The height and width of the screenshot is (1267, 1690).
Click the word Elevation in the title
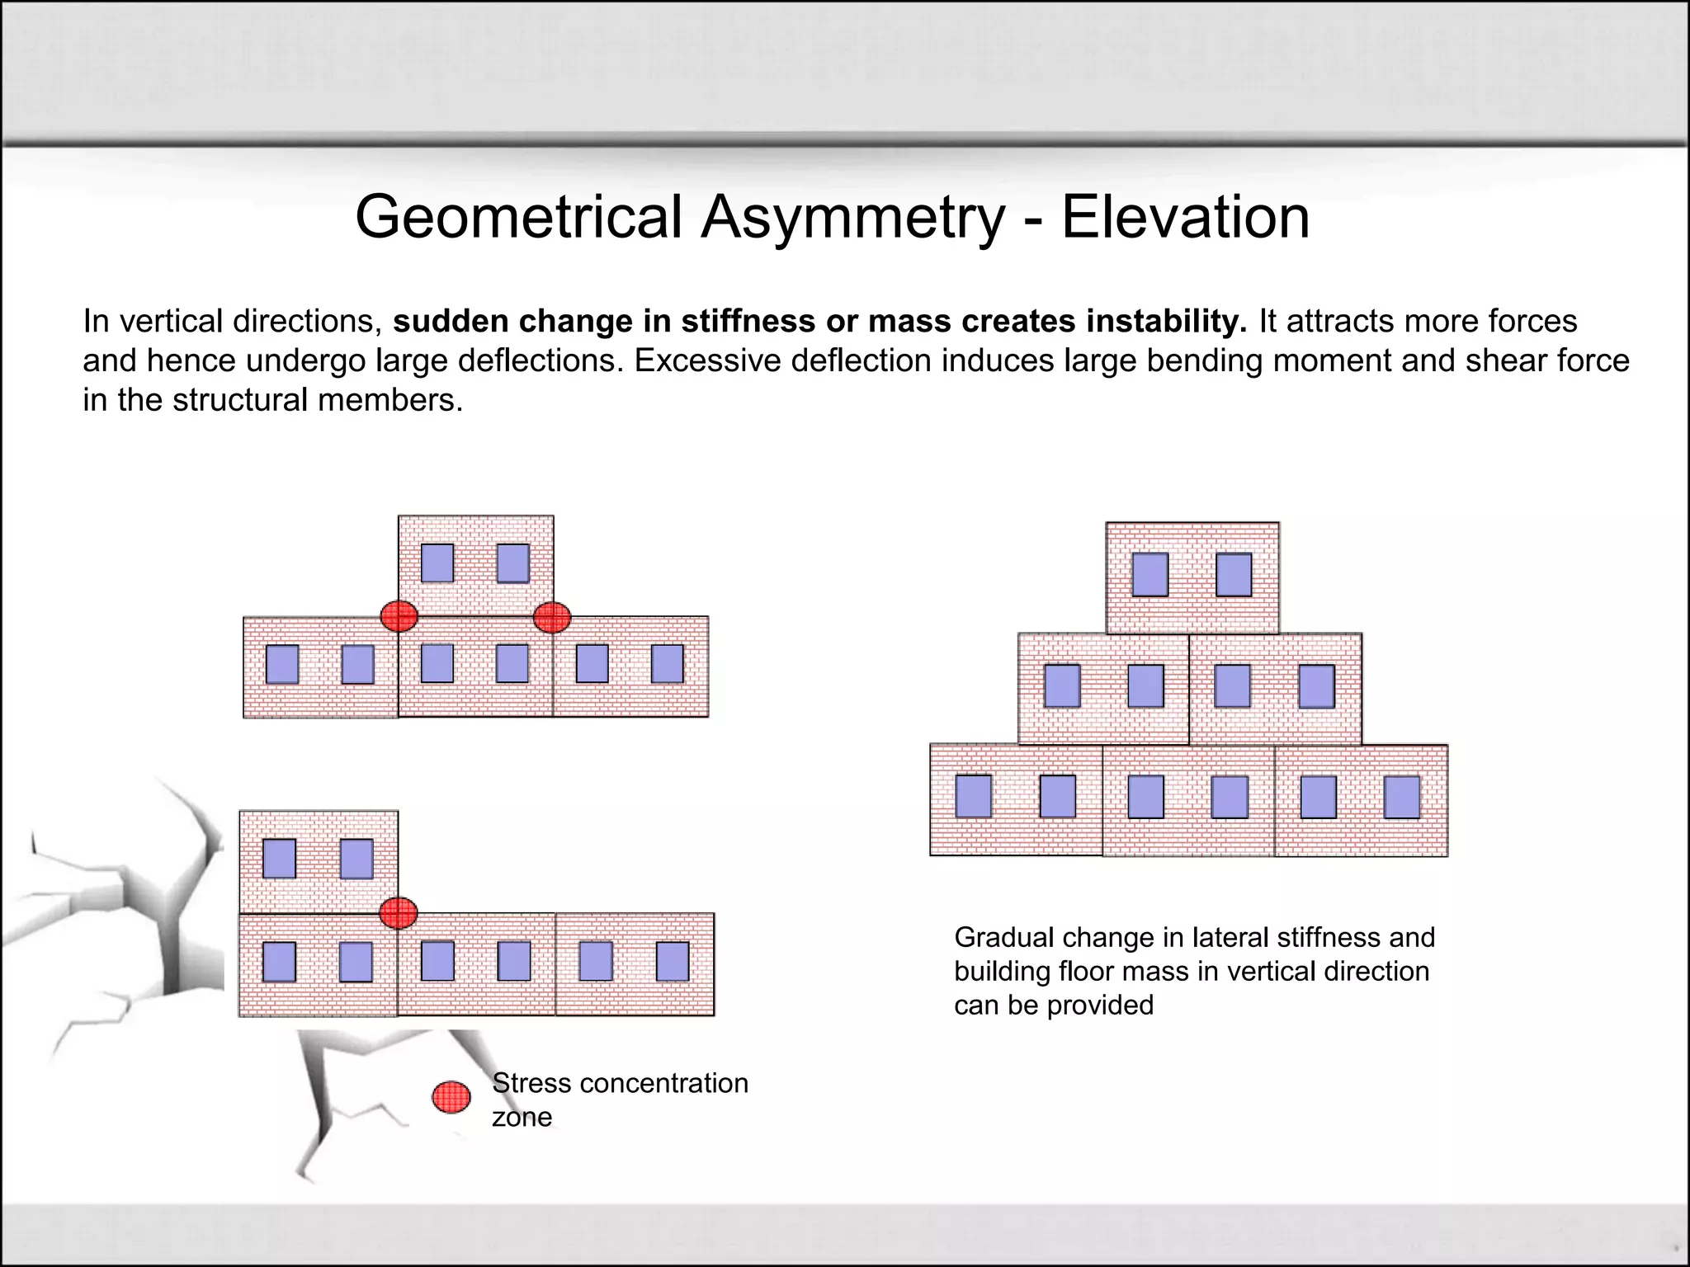point(1185,218)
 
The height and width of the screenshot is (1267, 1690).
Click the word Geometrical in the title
point(518,218)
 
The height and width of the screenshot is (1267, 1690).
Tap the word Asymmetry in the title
point(853,218)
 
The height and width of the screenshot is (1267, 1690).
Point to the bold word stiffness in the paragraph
point(749,321)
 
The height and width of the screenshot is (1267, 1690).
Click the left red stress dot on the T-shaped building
point(399,615)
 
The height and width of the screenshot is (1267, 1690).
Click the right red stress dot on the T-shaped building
point(551,616)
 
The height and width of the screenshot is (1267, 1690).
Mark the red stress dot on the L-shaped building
point(399,913)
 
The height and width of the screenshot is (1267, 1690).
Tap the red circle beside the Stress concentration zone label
point(451,1097)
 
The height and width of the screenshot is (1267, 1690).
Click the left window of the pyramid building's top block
point(1149,575)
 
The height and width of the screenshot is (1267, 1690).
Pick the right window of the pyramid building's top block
point(1234,575)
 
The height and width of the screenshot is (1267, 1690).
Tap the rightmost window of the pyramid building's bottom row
point(1402,797)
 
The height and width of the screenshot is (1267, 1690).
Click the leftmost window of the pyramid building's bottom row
point(974,796)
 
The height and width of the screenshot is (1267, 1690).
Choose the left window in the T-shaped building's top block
point(437,563)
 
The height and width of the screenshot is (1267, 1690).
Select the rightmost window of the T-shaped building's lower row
point(667,664)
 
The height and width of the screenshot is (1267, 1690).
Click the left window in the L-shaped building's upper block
point(279,859)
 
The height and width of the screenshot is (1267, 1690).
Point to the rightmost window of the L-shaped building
point(672,962)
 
